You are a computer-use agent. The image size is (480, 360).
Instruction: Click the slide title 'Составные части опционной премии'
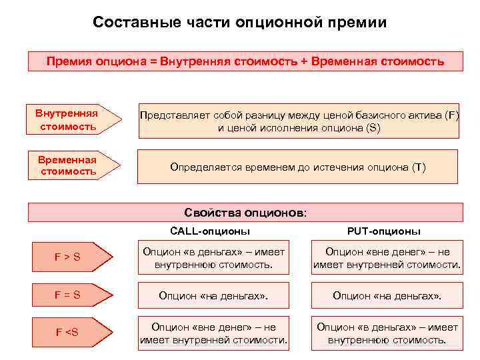click(x=240, y=23)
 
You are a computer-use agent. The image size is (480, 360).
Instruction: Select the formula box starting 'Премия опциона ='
click(x=245, y=61)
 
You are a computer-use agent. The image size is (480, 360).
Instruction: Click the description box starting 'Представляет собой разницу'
click(x=299, y=121)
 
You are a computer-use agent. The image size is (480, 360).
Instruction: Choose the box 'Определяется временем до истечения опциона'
click(x=297, y=167)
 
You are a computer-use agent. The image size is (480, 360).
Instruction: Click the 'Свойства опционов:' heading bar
click(x=245, y=213)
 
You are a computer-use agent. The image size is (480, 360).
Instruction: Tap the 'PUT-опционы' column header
click(x=383, y=231)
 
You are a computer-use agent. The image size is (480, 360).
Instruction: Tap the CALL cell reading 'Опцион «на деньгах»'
click(x=213, y=295)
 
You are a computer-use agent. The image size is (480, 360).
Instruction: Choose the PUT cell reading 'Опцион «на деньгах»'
click(x=387, y=295)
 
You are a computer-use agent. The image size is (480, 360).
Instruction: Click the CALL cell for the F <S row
click(x=213, y=333)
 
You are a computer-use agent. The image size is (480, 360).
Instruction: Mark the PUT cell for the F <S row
click(x=387, y=333)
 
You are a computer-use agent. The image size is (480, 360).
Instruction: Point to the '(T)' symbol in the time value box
click(x=418, y=167)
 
